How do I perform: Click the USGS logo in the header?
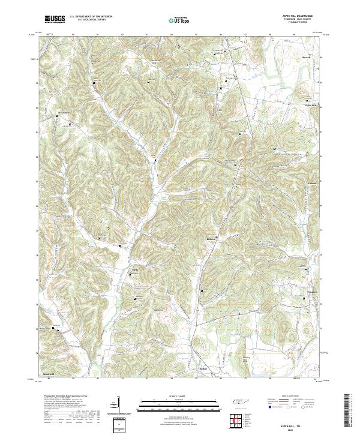click(55, 19)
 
